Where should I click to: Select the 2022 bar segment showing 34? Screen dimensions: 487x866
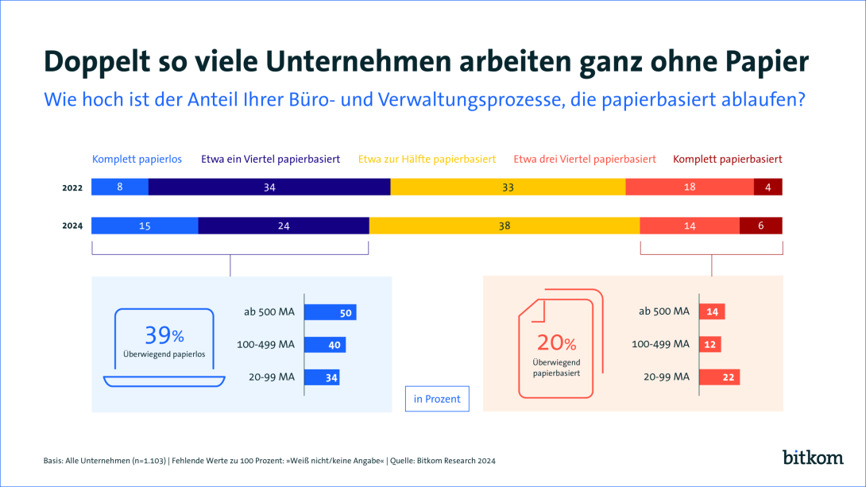(269, 187)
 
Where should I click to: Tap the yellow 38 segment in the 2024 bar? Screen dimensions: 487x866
(505, 226)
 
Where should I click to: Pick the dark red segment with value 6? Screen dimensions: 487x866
(760, 226)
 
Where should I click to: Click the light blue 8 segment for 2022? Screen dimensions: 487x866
(120, 187)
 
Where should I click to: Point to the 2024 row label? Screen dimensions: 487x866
(73, 226)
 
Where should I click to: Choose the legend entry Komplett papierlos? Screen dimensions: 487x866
(137, 159)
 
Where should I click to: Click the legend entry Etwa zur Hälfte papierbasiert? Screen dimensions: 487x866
(427, 159)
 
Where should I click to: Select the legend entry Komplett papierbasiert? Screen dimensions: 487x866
(728, 159)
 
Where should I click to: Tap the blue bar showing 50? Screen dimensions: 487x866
(330, 312)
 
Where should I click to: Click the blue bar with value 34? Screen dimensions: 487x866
(322, 377)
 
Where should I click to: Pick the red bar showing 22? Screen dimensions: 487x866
(720, 377)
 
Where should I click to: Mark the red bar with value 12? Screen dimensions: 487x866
(710, 345)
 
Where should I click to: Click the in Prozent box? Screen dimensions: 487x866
(437, 399)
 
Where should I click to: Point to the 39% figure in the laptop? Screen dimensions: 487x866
(164, 335)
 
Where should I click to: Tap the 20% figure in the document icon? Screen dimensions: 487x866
(556, 342)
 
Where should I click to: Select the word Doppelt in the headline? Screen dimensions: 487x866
(91, 62)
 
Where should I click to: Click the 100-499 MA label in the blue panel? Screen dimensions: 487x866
(265, 345)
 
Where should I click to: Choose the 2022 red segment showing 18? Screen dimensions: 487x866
(690, 187)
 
